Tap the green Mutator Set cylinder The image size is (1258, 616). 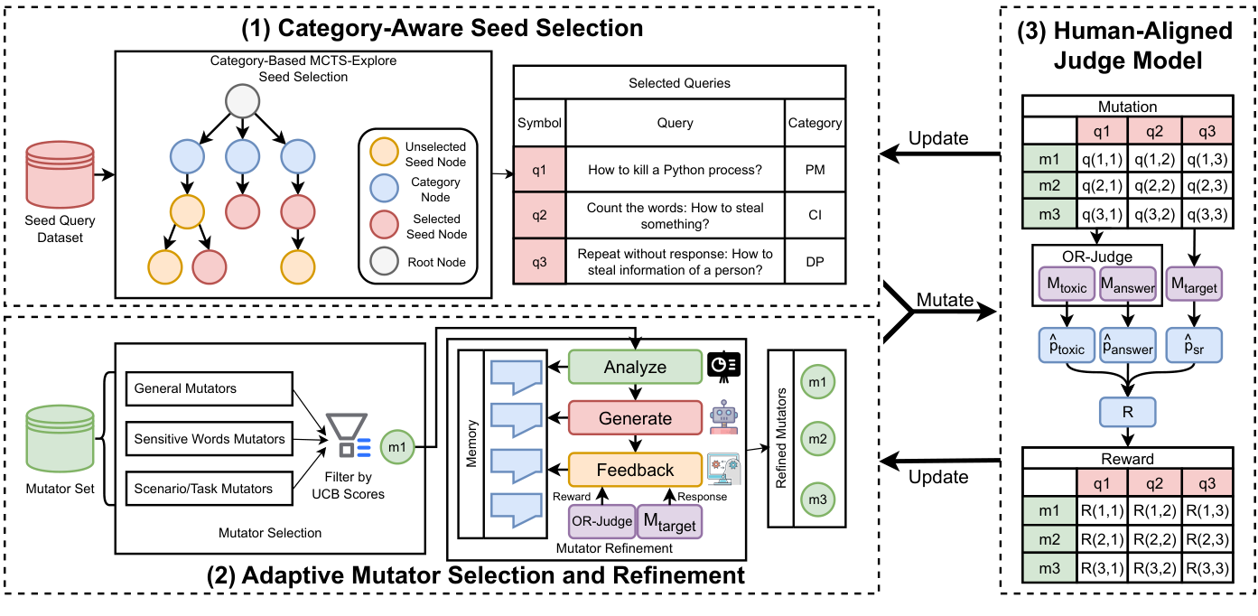coord(61,435)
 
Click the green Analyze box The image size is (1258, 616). coord(635,367)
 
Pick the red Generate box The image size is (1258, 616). coord(635,418)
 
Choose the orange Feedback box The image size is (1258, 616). coord(635,470)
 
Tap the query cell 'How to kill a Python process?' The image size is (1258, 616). coord(676,169)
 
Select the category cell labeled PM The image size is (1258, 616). coord(815,169)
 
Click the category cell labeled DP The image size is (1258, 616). coord(815,262)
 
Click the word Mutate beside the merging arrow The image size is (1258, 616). coord(944,299)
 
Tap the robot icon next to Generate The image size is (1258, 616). coord(724,418)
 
